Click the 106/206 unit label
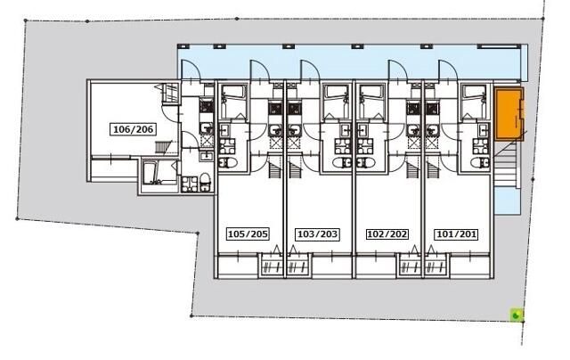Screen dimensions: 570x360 (134, 129)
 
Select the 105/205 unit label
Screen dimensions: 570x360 (248, 233)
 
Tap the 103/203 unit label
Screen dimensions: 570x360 (318, 233)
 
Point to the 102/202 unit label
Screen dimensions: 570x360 (387, 233)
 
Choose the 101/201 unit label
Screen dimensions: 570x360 (456, 233)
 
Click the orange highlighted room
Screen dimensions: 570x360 (509, 113)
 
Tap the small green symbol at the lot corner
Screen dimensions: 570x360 (517, 315)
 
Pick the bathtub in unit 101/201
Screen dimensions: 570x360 (474, 92)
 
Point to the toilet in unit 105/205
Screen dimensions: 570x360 (228, 162)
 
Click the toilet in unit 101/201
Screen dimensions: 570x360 (479, 162)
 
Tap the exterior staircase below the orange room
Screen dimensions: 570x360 (506, 163)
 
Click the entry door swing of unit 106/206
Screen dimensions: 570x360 (191, 70)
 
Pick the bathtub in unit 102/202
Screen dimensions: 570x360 (371, 92)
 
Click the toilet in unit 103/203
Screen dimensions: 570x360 (341, 162)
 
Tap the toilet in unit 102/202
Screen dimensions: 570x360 (366, 162)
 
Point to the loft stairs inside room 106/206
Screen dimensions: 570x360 (163, 147)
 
